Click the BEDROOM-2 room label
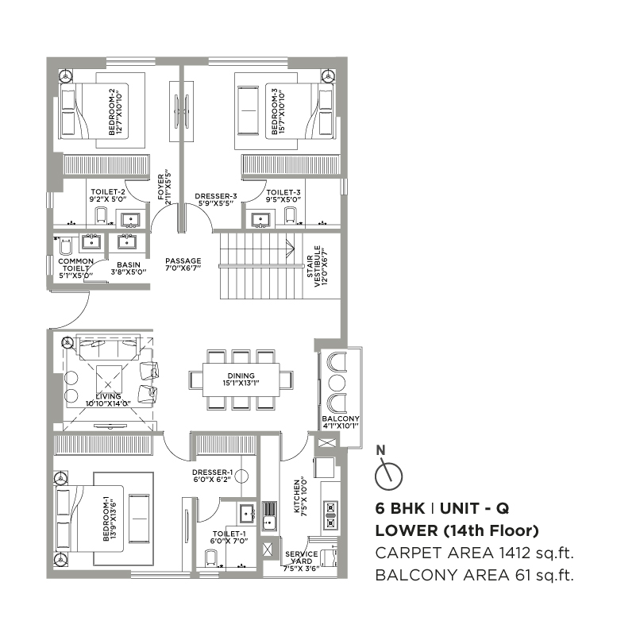pos(115,112)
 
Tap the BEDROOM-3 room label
pos(278,112)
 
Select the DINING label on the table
pos(241,379)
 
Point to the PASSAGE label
pos(183,264)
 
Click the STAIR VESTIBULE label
pos(317,266)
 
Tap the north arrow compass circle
pos(388,476)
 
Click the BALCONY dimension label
pos(341,422)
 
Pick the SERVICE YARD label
pos(301,561)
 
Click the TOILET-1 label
pos(229,537)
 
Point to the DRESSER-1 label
pos(212,476)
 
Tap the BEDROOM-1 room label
pos(110,519)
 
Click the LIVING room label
pos(108,399)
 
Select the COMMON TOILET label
pos(76,268)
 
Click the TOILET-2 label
pos(108,195)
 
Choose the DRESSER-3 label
pos(216,199)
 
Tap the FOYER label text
pos(164,187)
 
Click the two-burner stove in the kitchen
pos(330,515)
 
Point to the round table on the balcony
pos(337,383)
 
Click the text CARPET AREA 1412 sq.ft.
pos(475,553)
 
